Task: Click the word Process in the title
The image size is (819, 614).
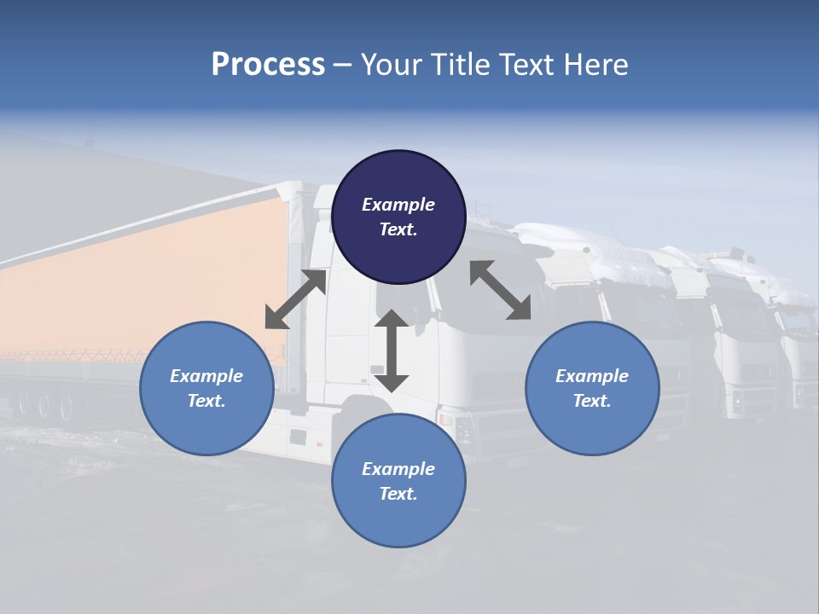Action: [268, 65]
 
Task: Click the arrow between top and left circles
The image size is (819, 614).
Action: [296, 299]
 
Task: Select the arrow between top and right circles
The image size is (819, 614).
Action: [500, 290]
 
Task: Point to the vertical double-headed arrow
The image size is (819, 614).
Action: [392, 350]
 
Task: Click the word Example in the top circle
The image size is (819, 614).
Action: [398, 205]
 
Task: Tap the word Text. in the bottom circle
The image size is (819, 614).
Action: [398, 494]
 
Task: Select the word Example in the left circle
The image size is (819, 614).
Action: [206, 376]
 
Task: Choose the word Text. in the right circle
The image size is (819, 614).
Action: [592, 401]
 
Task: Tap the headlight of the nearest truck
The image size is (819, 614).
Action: [446, 419]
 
